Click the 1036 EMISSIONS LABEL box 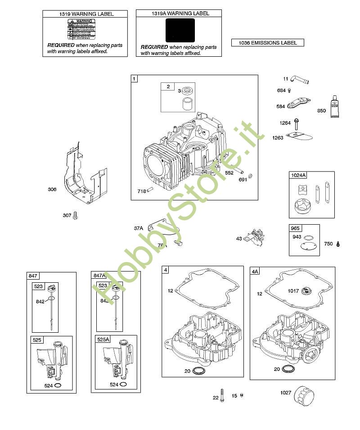coord(267,43)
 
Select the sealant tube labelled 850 coord(335,107)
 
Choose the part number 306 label coord(52,190)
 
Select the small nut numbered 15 coord(242,395)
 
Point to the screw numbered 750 coord(338,244)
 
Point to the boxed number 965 coord(296,228)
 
